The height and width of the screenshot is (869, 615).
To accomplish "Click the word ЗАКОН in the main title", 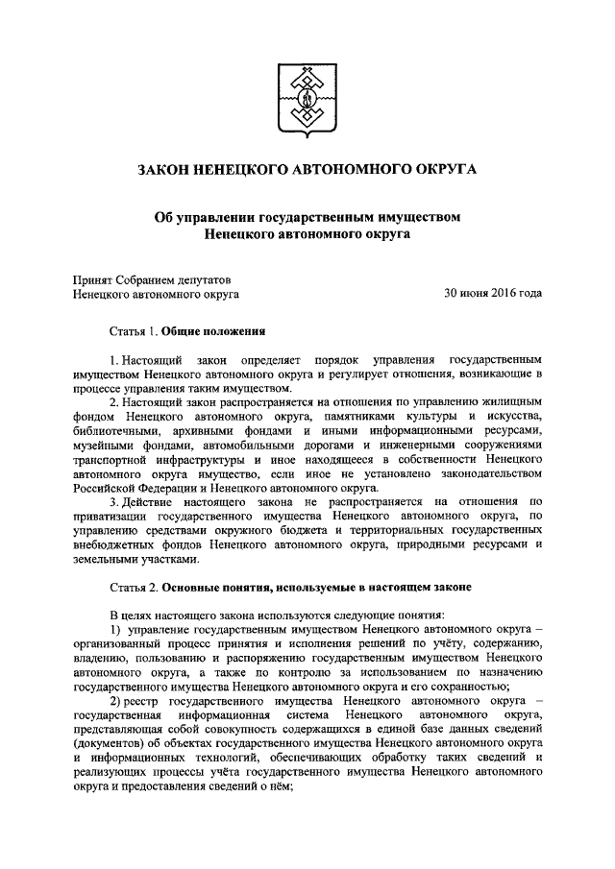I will [169, 169].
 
